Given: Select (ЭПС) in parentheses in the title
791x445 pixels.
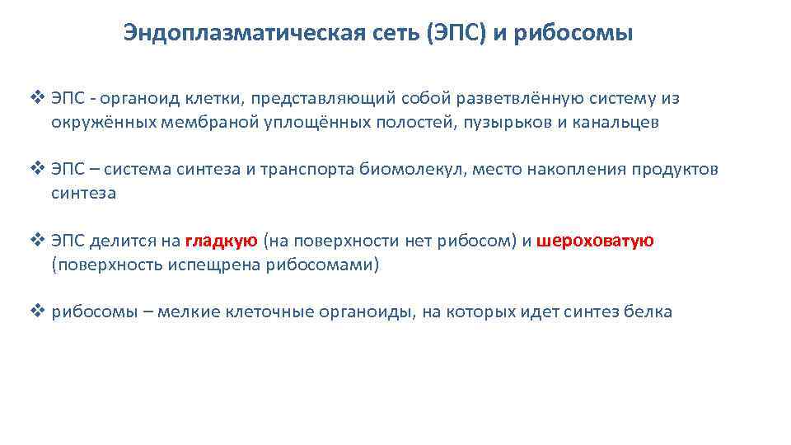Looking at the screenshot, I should pyautogui.click(x=463, y=34).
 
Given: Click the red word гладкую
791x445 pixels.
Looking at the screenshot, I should pyautogui.click(x=222, y=241).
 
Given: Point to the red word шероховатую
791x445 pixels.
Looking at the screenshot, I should pyautogui.click(x=595, y=241).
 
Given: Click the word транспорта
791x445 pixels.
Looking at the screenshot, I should pyautogui.click(x=307, y=170).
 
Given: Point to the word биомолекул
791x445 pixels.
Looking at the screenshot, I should pyautogui.click(x=407, y=170).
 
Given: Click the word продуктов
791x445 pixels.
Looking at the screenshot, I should pyautogui.click(x=674, y=170).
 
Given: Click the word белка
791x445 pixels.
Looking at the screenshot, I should pyautogui.click(x=649, y=311).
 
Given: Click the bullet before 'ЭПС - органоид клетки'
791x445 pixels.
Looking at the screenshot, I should pyautogui.click(x=36, y=99).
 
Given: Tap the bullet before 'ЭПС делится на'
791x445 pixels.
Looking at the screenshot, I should pyautogui.click(x=36, y=241).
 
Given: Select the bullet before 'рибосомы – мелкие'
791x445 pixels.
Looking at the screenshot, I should pyautogui.click(x=36, y=311).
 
